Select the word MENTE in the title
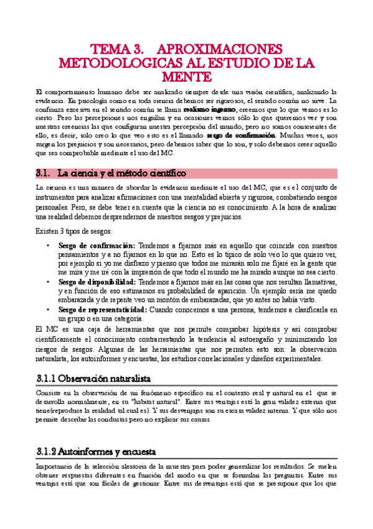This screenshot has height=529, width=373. (187, 75)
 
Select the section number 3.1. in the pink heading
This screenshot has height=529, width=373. (45, 173)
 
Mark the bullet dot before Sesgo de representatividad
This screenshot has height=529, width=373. (49, 309)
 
